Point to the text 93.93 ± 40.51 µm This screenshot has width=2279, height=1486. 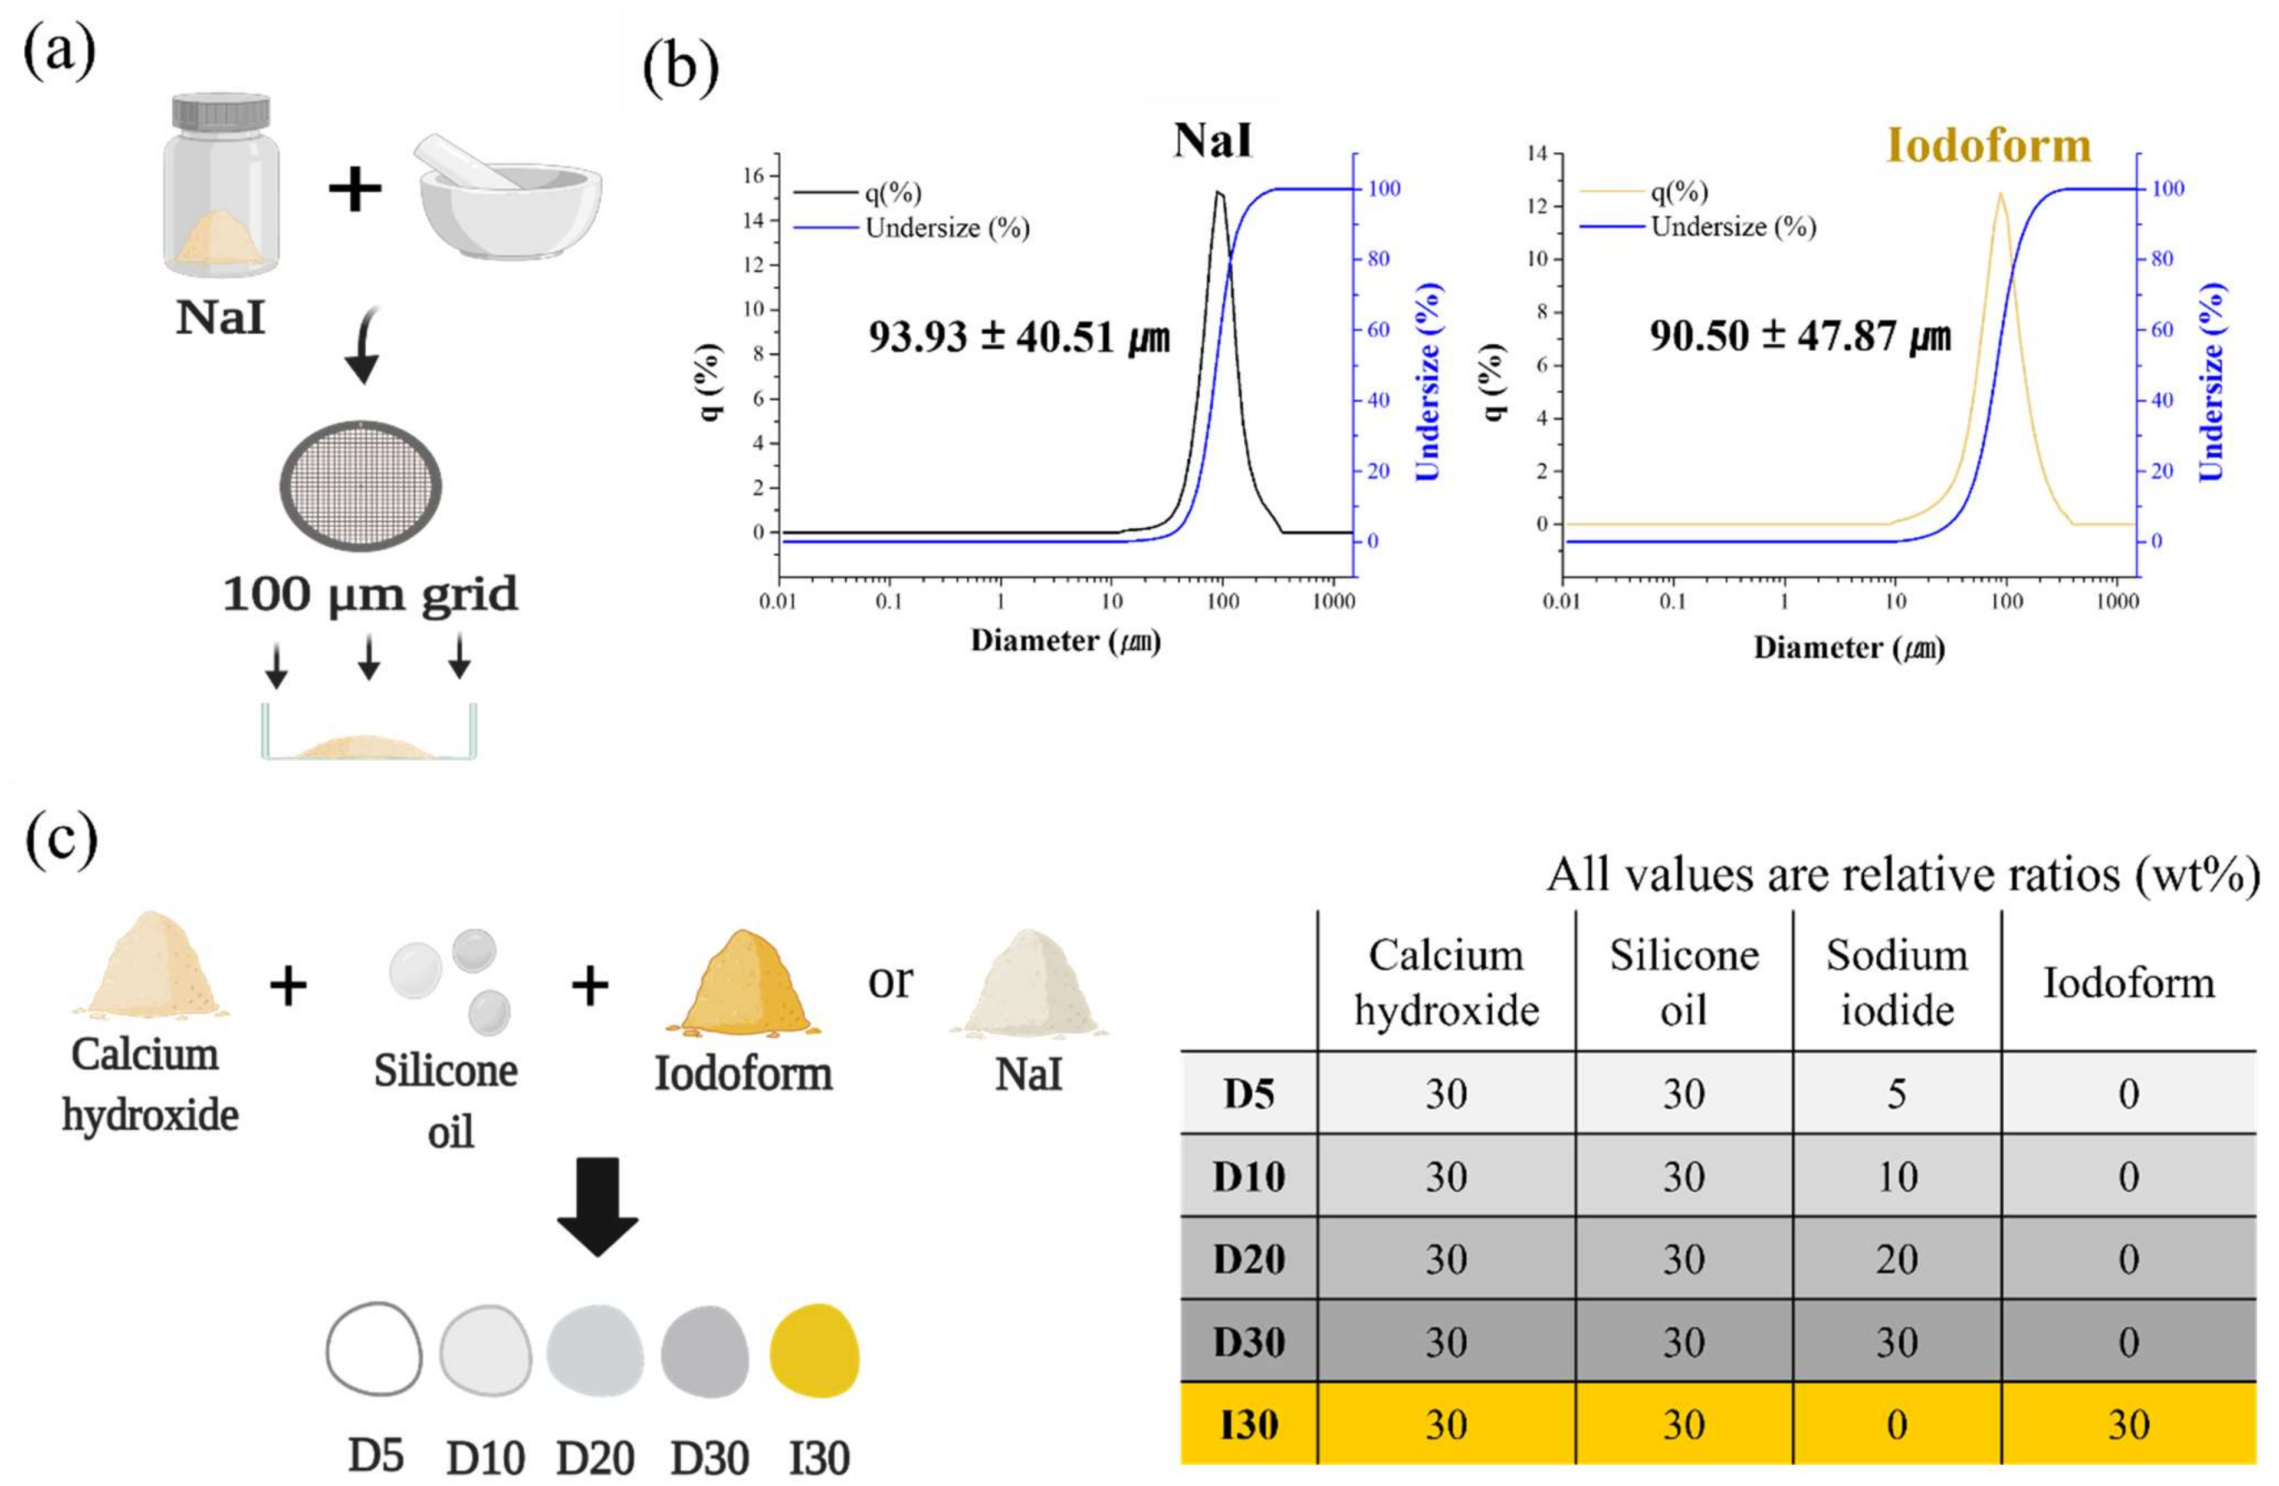1019,337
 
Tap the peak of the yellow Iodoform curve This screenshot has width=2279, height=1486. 1999,195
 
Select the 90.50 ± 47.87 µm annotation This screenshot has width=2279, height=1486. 1799,335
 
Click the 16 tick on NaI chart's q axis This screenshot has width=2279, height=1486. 754,175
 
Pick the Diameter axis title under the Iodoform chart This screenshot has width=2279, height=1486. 1848,648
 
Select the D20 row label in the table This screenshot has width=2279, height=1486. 1249,1258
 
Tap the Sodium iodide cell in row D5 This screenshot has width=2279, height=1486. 1897,1093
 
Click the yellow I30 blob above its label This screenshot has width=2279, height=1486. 815,1350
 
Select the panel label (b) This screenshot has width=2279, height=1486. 680,67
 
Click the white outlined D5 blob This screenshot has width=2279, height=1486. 373,1348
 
